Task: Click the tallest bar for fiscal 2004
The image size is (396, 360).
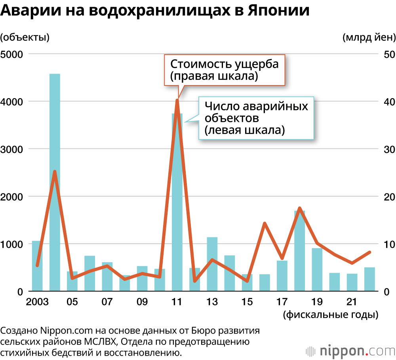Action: tap(55, 182)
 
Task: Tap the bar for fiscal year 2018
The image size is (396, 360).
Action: tap(300, 253)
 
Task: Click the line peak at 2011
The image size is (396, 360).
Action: tap(177, 100)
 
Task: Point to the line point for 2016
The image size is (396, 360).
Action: tap(265, 224)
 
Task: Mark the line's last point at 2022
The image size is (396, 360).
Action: tap(369, 252)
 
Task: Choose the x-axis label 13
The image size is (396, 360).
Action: tap(212, 302)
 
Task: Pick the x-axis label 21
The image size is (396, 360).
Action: tap(352, 302)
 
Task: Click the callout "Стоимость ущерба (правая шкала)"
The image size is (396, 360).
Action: tap(224, 70)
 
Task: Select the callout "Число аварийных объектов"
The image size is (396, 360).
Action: tap(256, 118)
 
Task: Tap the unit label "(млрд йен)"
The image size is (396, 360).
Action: tap(369, 38)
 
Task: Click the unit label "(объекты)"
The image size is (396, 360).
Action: tap(25, 38)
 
